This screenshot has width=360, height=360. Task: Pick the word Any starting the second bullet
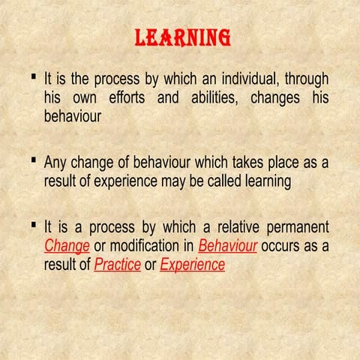[x=57, y=162]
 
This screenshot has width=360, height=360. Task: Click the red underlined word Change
[x=67, y=245]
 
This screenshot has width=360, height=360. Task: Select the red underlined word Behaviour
[x=228, y=245]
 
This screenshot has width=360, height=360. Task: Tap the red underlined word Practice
[x=117, y=264]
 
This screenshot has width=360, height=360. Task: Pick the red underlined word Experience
[x=192, y=264]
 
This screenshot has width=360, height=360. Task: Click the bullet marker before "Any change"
[x=35, y=160]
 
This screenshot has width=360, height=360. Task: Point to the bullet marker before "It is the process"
[x=35, y=76]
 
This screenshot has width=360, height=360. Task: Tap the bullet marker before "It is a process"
[x=35, y=224]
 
